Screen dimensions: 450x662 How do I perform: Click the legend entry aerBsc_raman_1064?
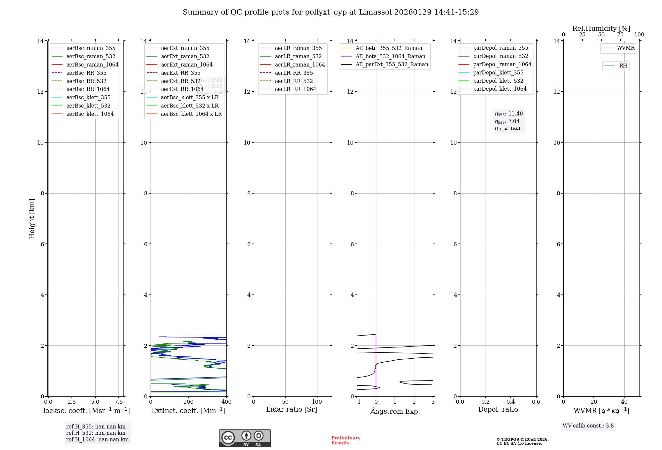pyautogui.click(x=92, y=65)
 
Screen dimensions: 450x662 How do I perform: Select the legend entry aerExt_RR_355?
pyautogui.click(x=180, y=73)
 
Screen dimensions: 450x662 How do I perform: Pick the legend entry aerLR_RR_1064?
pyautogui.click(x=295, y=89)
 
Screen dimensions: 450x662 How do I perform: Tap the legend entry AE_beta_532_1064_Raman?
pyautogui.click(x=390, y=56)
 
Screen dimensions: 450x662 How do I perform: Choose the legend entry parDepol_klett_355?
pyautogui.click(x=498, y=72)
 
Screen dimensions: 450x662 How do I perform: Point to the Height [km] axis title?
pyautogui.click(x=32, y=219)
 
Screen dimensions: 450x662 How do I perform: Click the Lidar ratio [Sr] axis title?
pyautogui.click(x=292, y=409)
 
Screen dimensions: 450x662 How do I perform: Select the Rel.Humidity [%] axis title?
pyautogui.click(x=601, y=28)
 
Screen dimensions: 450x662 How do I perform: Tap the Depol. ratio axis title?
pyautogui.click(x=498, y=409)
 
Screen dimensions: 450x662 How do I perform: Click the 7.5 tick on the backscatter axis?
pyautogui.click(x=119, y=402)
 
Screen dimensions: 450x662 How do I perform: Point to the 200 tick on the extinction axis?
pyautogui.click(x=189, y=402)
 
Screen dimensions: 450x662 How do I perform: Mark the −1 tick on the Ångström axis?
pyautogui.click(x=357, y=402)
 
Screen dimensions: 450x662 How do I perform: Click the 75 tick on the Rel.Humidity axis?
pyautogui.click(x=620, y=35)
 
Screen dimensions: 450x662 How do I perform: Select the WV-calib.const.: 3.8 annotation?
pyautogui.click(x=588, y=426)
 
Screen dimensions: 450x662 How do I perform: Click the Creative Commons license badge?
pyautogui.click(x=245, y=438)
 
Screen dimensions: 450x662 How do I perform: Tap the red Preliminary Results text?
pyautogui.click(x=346, y=440)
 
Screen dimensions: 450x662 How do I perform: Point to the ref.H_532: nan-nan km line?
pyautogui.click(x=96, y=433)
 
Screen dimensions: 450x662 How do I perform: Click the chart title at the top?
pyautogui.click(x=331, y=12)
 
